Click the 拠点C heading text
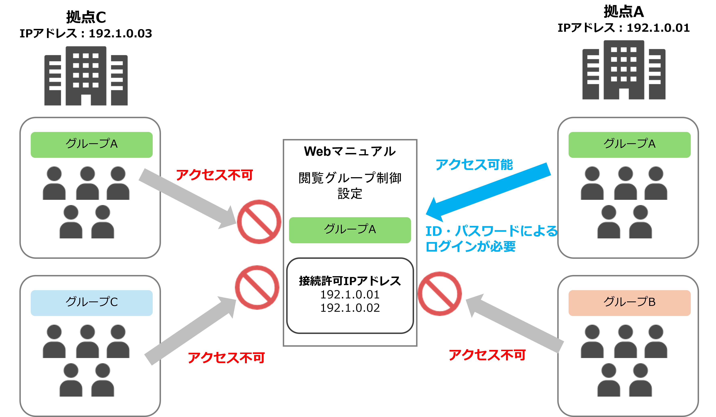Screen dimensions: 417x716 click(86, 17)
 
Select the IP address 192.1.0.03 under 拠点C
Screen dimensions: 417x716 click(120, 34)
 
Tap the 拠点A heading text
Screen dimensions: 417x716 click(624, 12)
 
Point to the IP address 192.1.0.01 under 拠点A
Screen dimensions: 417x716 click(658, 28)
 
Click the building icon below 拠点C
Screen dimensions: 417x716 click(86, 76)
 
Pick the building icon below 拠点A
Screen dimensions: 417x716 click(624, 70)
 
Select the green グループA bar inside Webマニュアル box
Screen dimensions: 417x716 click(350, 230)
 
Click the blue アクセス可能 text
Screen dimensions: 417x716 click(474, 165)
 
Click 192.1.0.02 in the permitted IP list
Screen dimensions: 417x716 click(350, 308)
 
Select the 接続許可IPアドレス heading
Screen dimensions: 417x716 click(350, 281)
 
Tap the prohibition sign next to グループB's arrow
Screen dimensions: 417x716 click(440, 293)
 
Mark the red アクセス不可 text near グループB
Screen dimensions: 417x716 click(487, 355)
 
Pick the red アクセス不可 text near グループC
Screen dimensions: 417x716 click(226, 358)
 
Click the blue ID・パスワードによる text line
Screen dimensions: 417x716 click(491, 231)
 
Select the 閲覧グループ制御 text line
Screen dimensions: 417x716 click(350, 178)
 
